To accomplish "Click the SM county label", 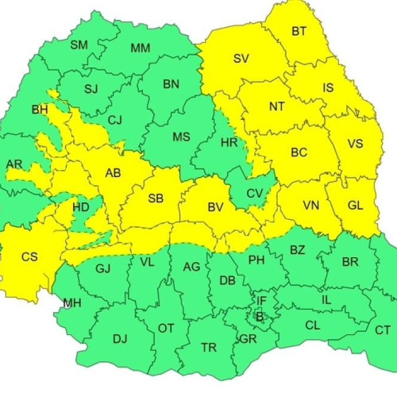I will tap(79, 44).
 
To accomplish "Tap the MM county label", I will tap(140, 48).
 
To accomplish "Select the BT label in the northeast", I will tap(299, 32).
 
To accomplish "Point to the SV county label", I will tap(241, 58).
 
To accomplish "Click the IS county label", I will tap(328, 88).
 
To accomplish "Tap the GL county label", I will tap(355, 204).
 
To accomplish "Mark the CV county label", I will tap(255, 194).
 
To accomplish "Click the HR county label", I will tap(229, 143).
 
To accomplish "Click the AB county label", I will tap(111, 172).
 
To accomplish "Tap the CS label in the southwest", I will tap(29, 256).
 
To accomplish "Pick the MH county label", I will tap(71, 303).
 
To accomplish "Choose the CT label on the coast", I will tap(383, 330).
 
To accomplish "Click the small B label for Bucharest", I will tap(258, 316).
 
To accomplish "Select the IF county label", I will tap(261, 300).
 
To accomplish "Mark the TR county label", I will tap(209, 348).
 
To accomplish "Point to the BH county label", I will tap(39, 109).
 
